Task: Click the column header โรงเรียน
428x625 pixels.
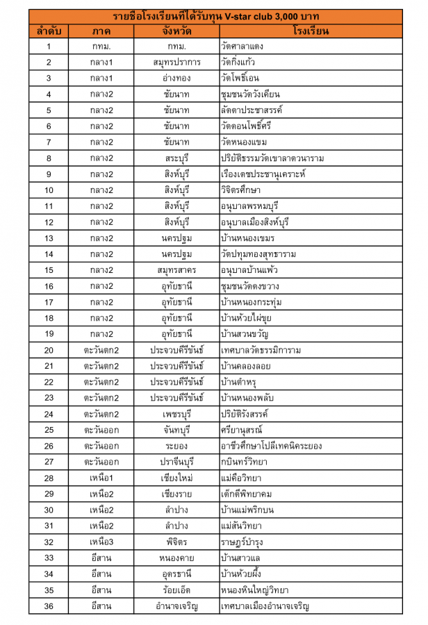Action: [311, 31]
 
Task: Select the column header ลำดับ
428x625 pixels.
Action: [49, 31]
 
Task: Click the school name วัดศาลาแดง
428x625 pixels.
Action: [242, 47]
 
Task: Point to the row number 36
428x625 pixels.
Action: [49, 606]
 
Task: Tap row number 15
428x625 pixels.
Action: [49, 270]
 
